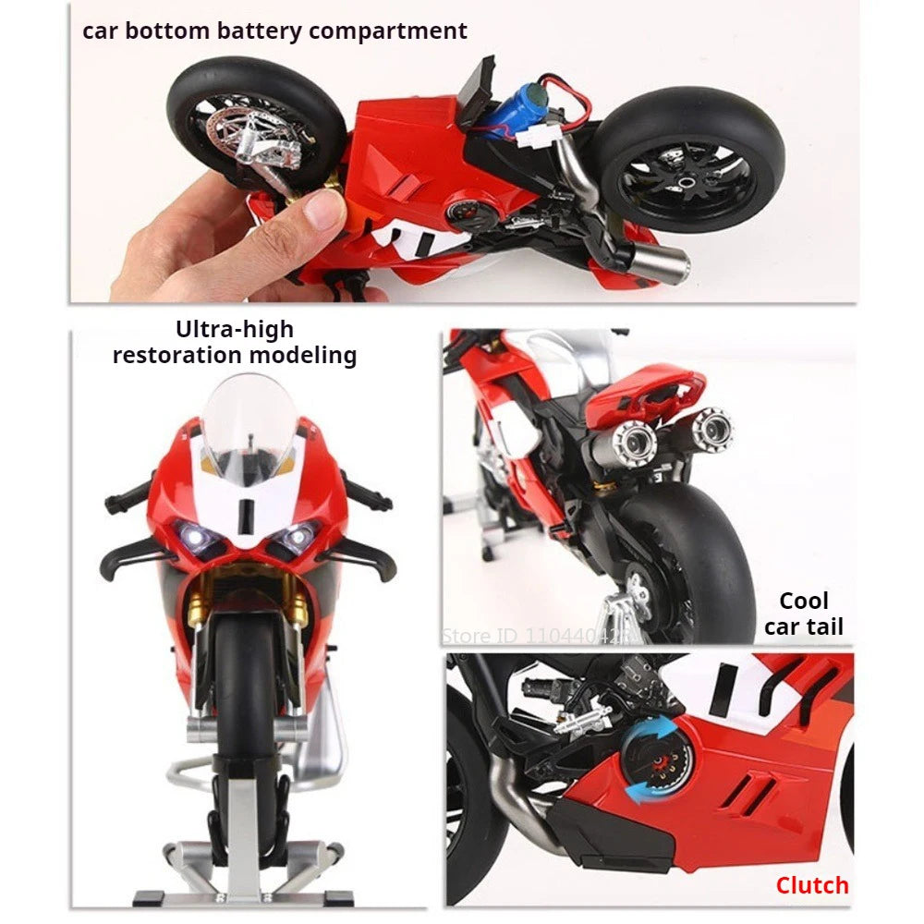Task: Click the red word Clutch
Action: point(811,885)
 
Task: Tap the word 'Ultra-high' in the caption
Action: point(234,330)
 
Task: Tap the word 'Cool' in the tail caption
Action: point(803,602)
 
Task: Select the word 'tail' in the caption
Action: point(822,627)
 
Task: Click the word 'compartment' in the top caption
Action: point(388,30)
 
